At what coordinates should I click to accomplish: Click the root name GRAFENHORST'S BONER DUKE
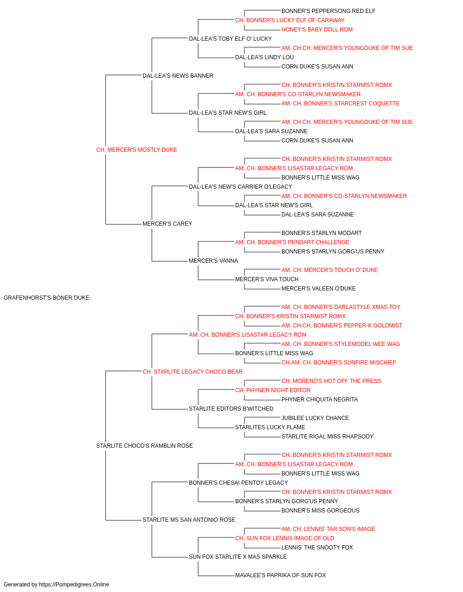(46, 298)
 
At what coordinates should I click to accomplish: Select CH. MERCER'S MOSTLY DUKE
(137, 150)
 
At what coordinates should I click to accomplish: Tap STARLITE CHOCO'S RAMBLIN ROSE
(144, 446)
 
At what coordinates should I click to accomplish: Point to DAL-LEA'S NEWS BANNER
(178, 76)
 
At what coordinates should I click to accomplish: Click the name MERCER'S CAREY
(167, 224)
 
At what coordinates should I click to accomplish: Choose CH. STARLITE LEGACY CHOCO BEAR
(193, 372)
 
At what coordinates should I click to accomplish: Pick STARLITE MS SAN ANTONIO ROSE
(189, 520)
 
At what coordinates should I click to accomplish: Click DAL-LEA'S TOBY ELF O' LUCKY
(230, 39)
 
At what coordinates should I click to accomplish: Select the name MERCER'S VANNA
(213, 261)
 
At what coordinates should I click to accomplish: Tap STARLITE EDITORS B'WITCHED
(231, 409)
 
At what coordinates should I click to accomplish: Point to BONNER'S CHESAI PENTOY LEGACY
(238, 483)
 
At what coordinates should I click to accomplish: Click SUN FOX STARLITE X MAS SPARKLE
(238, 557)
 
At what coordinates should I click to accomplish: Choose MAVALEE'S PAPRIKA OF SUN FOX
(280, 575)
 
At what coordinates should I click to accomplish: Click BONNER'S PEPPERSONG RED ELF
(328, 11)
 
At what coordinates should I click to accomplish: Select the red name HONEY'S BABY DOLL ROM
(317, 30)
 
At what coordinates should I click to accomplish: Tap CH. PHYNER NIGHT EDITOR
(273, 390)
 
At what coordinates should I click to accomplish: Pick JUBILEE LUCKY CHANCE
(315, 418)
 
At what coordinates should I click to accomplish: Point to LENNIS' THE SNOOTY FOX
(317, 548)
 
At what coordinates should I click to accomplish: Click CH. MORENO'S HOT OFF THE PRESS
(331, 381)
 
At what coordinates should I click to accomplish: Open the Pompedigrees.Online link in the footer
(74, 585)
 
